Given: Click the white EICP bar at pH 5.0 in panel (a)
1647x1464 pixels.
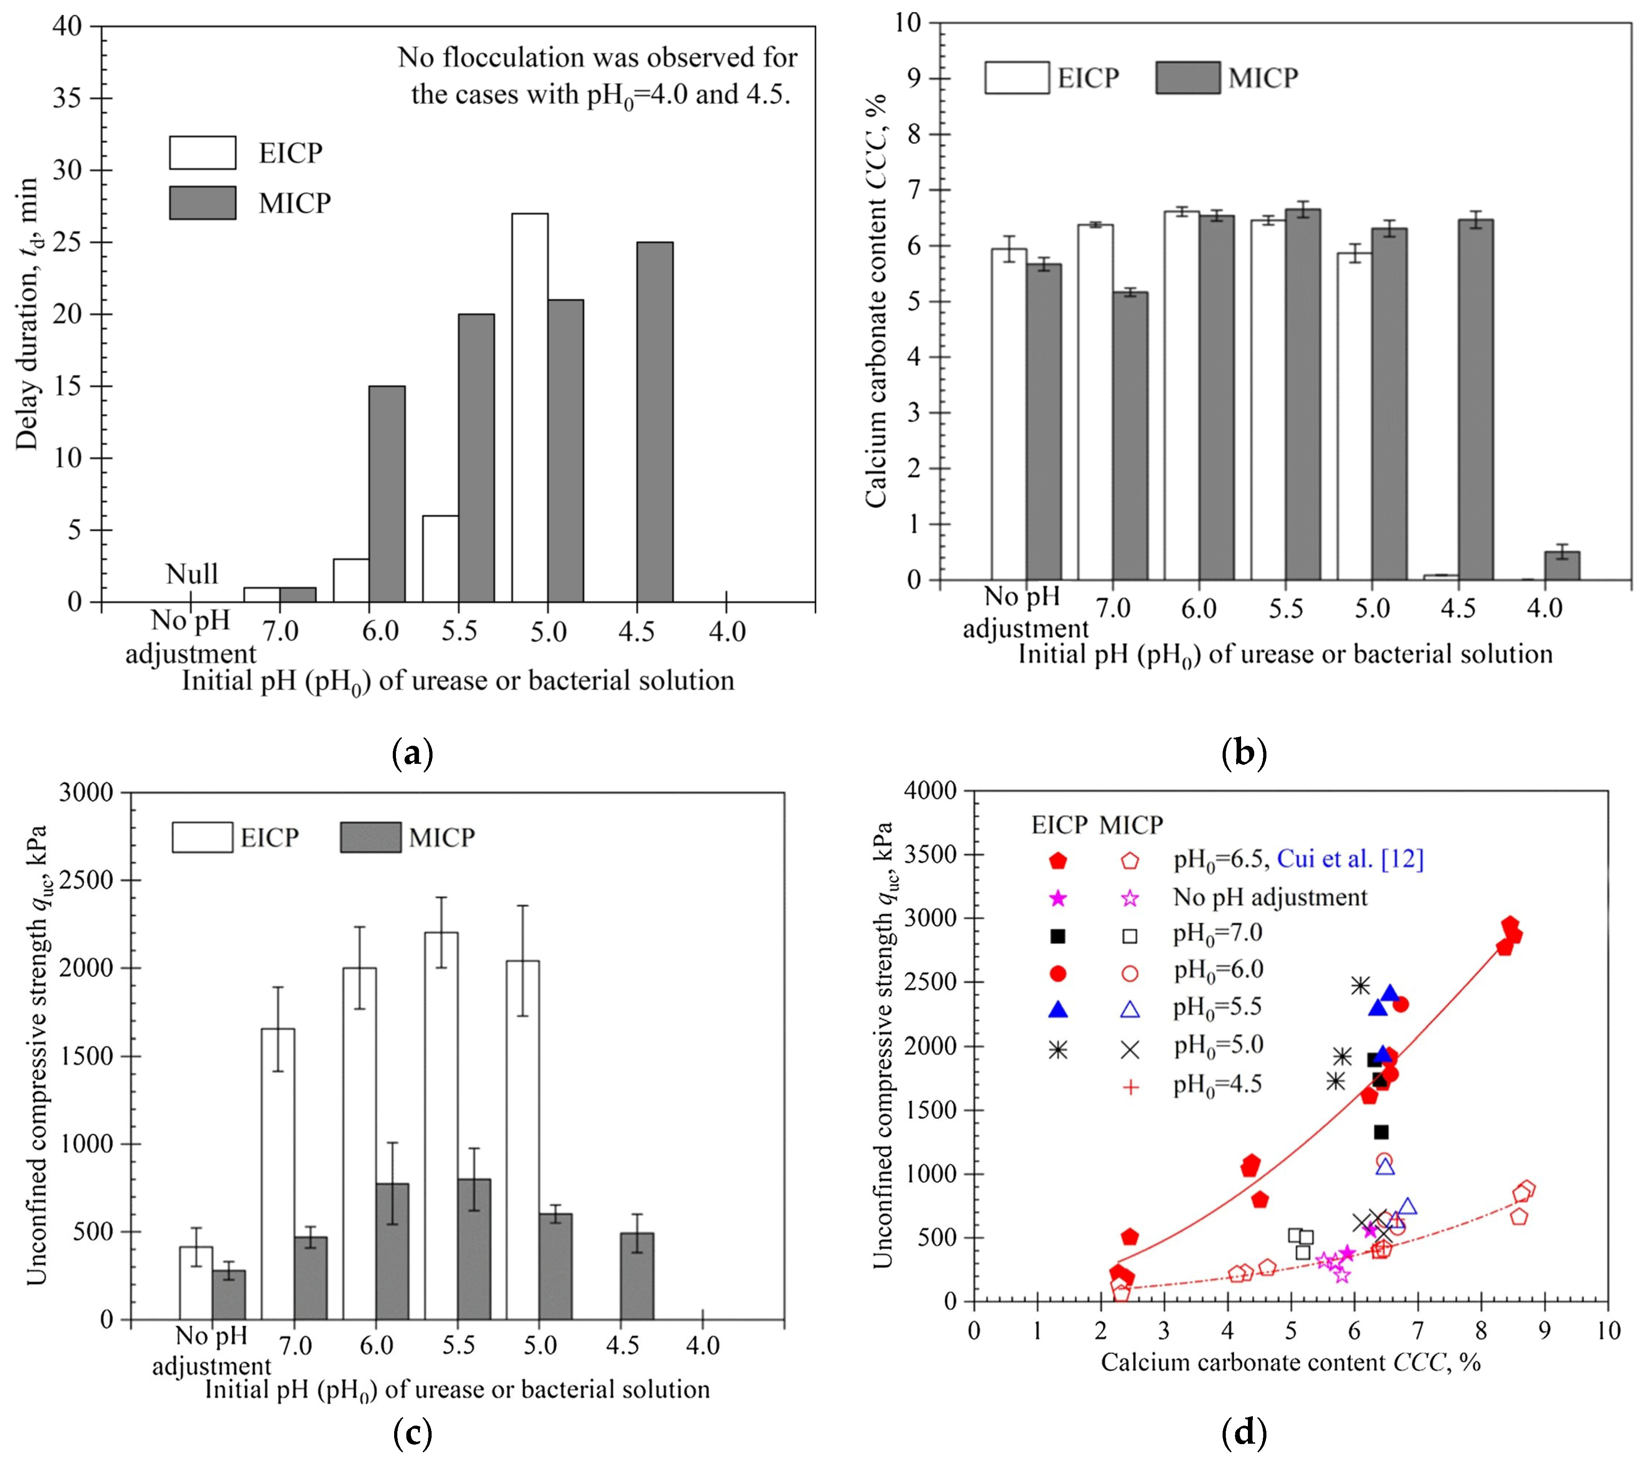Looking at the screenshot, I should pos(530,407).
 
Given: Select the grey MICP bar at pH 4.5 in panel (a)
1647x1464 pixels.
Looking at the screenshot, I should pos(654,421).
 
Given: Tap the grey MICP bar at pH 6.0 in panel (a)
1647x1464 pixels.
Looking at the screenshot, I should pos(387,493).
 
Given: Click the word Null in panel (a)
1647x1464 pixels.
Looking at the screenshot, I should pos(192,574).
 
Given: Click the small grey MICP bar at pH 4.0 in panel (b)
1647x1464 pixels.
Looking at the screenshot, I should pos(1562,566).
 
